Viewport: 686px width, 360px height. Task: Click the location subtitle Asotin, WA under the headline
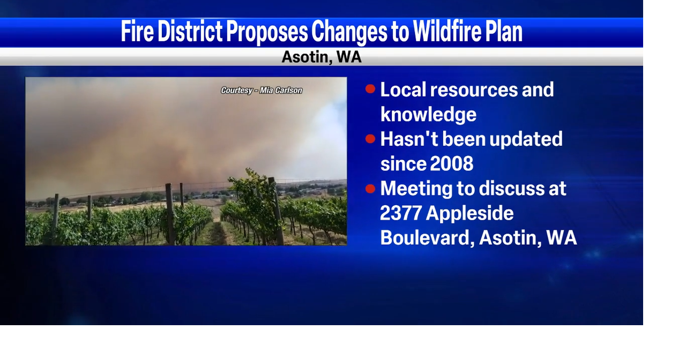coord(322,57)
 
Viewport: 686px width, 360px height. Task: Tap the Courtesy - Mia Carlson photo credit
coord(262,91)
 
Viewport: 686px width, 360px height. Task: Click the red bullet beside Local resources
coord(370,89)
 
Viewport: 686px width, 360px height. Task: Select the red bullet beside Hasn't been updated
coord(370,139)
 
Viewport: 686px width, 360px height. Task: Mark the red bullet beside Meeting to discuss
coord(370,189)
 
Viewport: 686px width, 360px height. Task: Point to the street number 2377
coord(400,213)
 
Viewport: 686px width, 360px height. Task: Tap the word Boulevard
coord(427,238)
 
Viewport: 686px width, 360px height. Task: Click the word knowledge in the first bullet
coord(428,115)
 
